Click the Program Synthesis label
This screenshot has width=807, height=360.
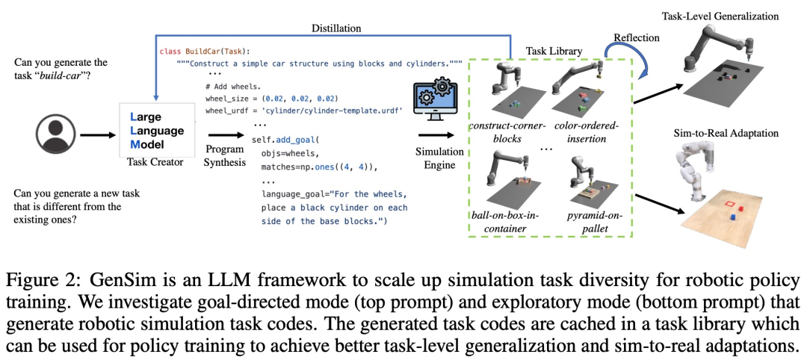(224, 155)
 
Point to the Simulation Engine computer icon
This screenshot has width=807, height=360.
(435, 105)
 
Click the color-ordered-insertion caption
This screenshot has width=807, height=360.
(587, 132)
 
